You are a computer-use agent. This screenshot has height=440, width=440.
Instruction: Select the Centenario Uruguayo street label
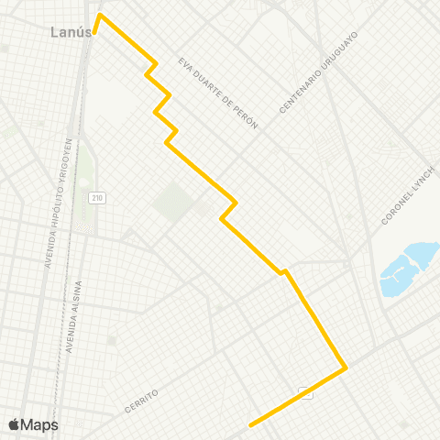click(317, 73)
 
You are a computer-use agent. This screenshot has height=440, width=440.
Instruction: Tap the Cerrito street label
click(140, 399)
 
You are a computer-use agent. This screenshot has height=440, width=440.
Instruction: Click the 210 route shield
click(95, 198)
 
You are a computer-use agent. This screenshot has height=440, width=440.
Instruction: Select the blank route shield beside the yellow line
click(306, 393)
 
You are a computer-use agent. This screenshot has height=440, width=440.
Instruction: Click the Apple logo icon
click(14, 424)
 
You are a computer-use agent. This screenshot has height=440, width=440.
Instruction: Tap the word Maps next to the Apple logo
click(39, 424)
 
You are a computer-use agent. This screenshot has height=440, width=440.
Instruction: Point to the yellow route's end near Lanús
click(100, 16)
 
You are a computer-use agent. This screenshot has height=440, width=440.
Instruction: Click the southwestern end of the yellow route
click(250, 425)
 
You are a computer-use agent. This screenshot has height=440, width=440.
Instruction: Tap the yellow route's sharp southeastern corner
click(346, 368)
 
